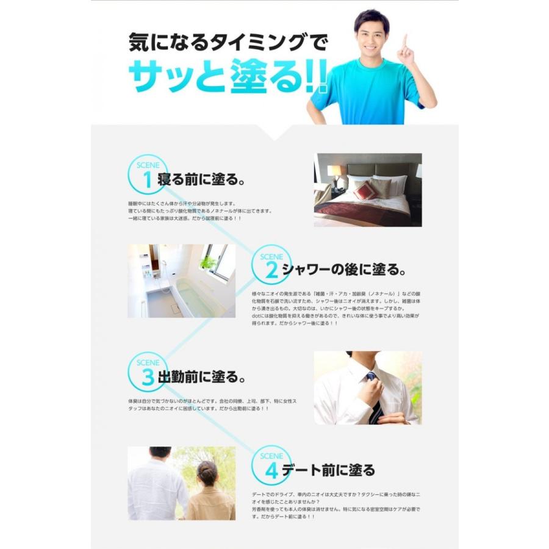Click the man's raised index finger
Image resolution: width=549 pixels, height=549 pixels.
point(404,43)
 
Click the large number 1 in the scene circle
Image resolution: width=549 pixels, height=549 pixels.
point(147,180)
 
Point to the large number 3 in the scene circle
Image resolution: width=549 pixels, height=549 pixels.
point(147,377)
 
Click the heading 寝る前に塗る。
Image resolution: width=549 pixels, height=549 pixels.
point(202,181)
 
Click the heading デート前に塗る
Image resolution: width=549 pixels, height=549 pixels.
point(329,470)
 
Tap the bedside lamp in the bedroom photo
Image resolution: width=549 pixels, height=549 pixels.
point(335,173)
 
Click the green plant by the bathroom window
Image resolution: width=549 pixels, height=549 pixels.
point(208,263)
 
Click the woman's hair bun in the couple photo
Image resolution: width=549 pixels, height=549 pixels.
point(207,470)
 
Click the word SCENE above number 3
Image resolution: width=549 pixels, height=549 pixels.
point(147,363)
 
